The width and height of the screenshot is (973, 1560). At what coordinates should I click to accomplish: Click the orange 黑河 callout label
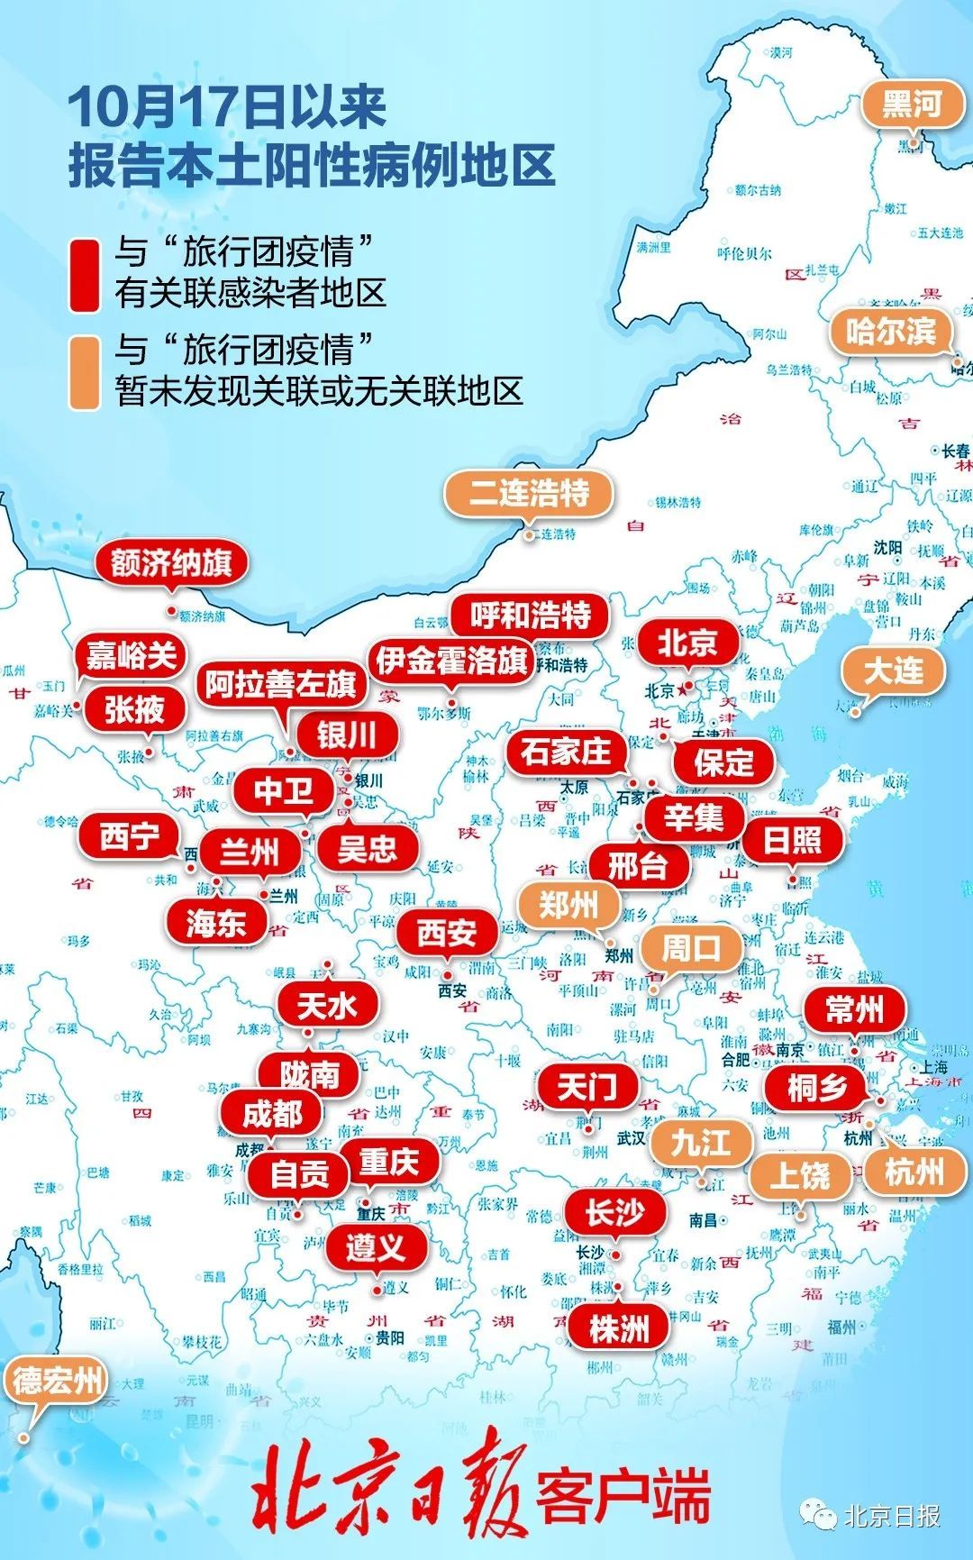(x=912, y=105)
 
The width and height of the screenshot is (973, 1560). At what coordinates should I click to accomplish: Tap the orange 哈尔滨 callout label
(x=889, y=331)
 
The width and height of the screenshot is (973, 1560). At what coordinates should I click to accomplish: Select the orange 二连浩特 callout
(x=529, y=493)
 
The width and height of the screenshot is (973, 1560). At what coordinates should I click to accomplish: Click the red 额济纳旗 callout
(x=171, y=563)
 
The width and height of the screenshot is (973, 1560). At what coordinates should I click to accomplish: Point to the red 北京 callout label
(x=687, y=643)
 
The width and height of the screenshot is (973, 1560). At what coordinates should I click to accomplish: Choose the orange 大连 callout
(x=893, y=671)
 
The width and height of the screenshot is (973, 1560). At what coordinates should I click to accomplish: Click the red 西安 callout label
(x=447, y=933)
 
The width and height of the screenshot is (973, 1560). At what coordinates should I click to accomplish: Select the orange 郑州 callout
(x=568, y=904)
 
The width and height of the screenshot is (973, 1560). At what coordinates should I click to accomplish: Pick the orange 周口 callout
(x=691, y=947)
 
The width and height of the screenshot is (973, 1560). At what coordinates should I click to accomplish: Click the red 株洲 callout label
(x=618, y=1328)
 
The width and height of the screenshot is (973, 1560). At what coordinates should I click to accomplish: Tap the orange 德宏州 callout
(x=56, y=1381)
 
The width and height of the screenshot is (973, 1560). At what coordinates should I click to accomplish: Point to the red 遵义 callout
(x=376, y=1248)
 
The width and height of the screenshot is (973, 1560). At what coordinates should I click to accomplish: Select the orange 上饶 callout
(x=800, y=1175)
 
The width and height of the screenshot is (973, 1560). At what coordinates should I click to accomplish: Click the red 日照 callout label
(x=792, y=840)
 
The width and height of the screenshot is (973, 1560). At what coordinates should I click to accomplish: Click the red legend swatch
(x=85, y=274)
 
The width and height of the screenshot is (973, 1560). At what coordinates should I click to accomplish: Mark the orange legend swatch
(x=85, y=372)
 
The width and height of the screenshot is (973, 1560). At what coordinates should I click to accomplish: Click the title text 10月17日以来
(x=227, y=108)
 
